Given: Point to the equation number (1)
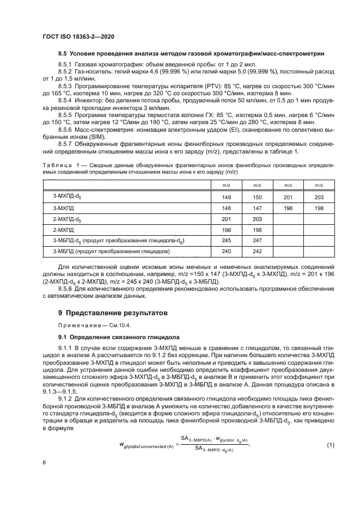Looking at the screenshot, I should coord(330,431).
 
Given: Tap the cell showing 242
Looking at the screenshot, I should coord(258,251).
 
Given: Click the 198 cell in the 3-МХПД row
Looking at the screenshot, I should coord(319,208).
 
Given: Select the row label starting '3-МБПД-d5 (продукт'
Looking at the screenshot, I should coord(118,241).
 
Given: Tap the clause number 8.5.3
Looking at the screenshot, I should coord(65,86).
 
